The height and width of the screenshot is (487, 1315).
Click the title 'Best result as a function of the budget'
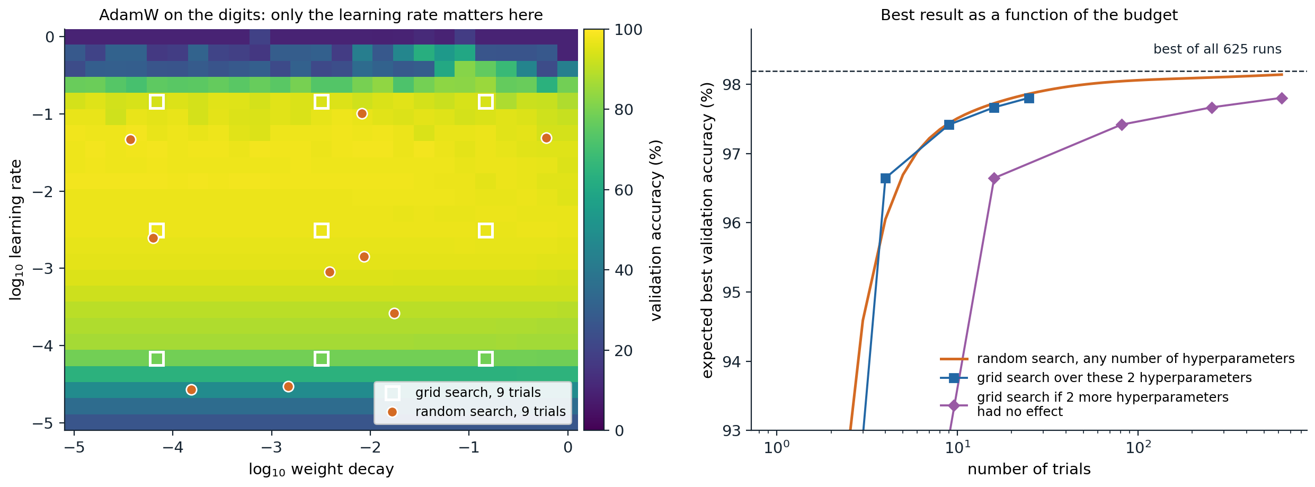click(x=1029, y=15)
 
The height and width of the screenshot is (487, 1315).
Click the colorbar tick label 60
click(x=624, y=190)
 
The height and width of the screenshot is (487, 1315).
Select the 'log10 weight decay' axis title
click(x=321, y=470)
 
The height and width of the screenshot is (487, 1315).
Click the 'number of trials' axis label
click(x=1029, y=469)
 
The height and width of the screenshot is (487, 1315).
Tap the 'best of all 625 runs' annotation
click(x=1218, y=49)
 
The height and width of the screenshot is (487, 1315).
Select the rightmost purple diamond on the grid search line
click(x=1282, y=98)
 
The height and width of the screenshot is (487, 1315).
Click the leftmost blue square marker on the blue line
click(x=885, y=178)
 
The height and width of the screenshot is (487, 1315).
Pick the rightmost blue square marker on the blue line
click(x=1029, y=98)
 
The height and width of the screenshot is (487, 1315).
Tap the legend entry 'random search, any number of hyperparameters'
click(x=1135, y=359)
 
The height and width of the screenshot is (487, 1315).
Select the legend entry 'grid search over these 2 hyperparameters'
click(x=1114, y=378)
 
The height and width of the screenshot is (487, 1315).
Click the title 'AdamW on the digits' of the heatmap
click(x=321, y=15)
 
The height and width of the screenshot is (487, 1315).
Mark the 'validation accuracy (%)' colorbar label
click(x=656, y=230)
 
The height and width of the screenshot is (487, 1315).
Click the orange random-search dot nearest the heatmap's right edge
click(x=546, y=138)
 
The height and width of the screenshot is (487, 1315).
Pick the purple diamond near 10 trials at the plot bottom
click(x=954, y=405)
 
